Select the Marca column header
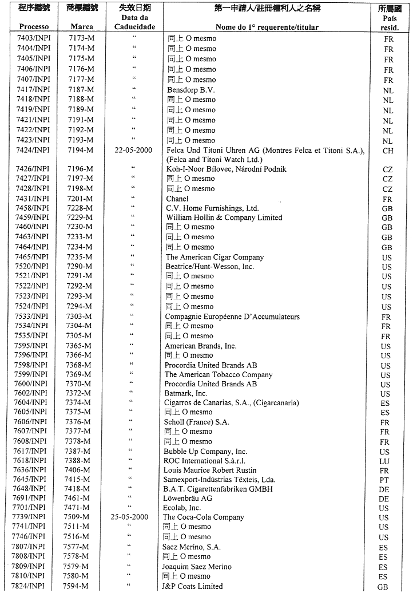point(81,26)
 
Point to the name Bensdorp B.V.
point(191,90)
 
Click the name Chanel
point(177,199)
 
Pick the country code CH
point(387,151)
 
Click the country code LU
point(387,461)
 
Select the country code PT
point(387,480)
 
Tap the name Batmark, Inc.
point(186,393)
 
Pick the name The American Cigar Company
point(215,257)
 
